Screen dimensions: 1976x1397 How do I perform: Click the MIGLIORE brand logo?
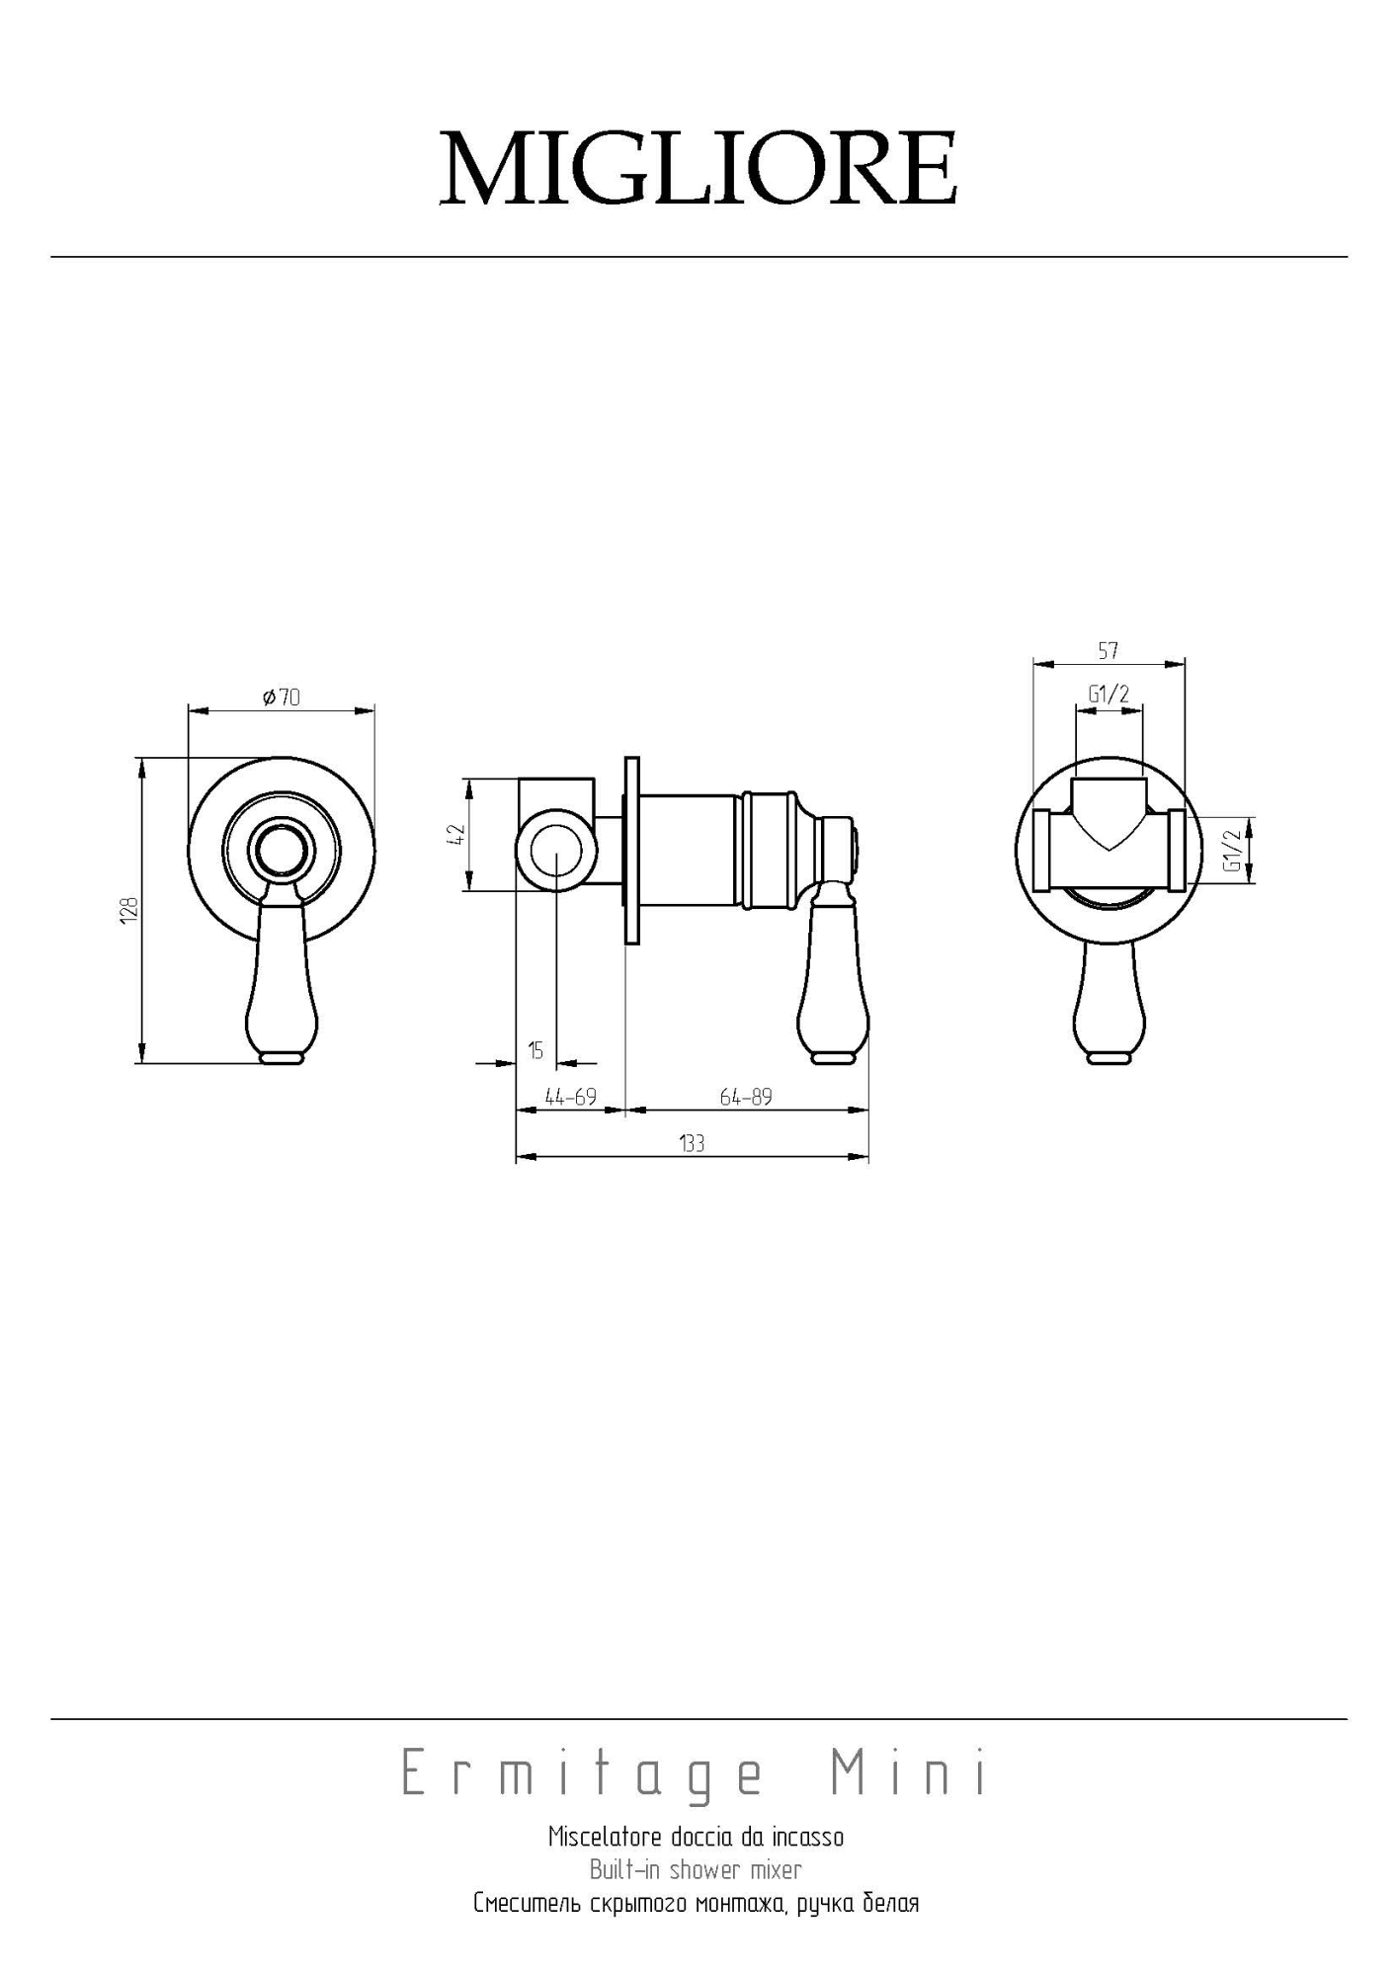(x=698, y=168)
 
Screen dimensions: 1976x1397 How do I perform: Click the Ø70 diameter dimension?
(x=282, y=698)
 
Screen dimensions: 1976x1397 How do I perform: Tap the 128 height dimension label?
(x=129, y=910)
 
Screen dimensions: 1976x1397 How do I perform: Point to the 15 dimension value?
(x=535, y=1051)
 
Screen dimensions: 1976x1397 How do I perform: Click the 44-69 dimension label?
(x=571, y=1097)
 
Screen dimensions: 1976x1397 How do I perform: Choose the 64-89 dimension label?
(x=746, y=1097)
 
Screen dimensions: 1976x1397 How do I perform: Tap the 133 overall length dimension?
(x=692, y=1144)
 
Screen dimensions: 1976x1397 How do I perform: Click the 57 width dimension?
(x=1108, y=651)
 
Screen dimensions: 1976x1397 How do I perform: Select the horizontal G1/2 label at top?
(x=1109, y=695)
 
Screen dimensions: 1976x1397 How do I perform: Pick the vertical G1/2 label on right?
(x=1232, y=850)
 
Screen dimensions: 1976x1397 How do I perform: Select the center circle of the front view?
(x=282, y=848)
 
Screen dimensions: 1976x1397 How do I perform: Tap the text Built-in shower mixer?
(x=696, y=1870)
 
